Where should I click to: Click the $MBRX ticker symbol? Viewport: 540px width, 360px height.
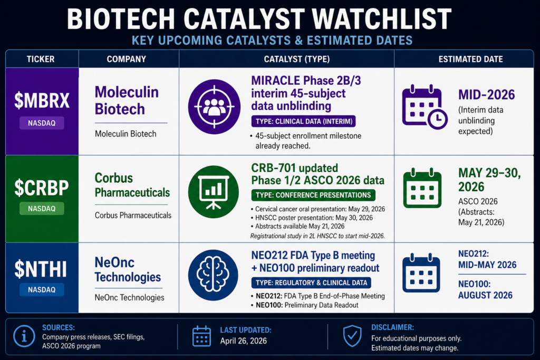click(x=42, y=101)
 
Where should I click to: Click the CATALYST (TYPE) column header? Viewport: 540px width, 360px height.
click(x=286, y=59)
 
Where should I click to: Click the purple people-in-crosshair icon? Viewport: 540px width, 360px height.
click(x=214, y=106)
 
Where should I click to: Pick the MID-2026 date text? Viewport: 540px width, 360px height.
click(x=486, y=95)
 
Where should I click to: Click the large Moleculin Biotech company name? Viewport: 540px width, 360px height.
click(x=127, y=100)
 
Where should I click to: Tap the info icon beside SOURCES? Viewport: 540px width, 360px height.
click(x=24, y=336)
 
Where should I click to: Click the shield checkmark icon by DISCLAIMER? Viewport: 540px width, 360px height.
click(x=352, y=336)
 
